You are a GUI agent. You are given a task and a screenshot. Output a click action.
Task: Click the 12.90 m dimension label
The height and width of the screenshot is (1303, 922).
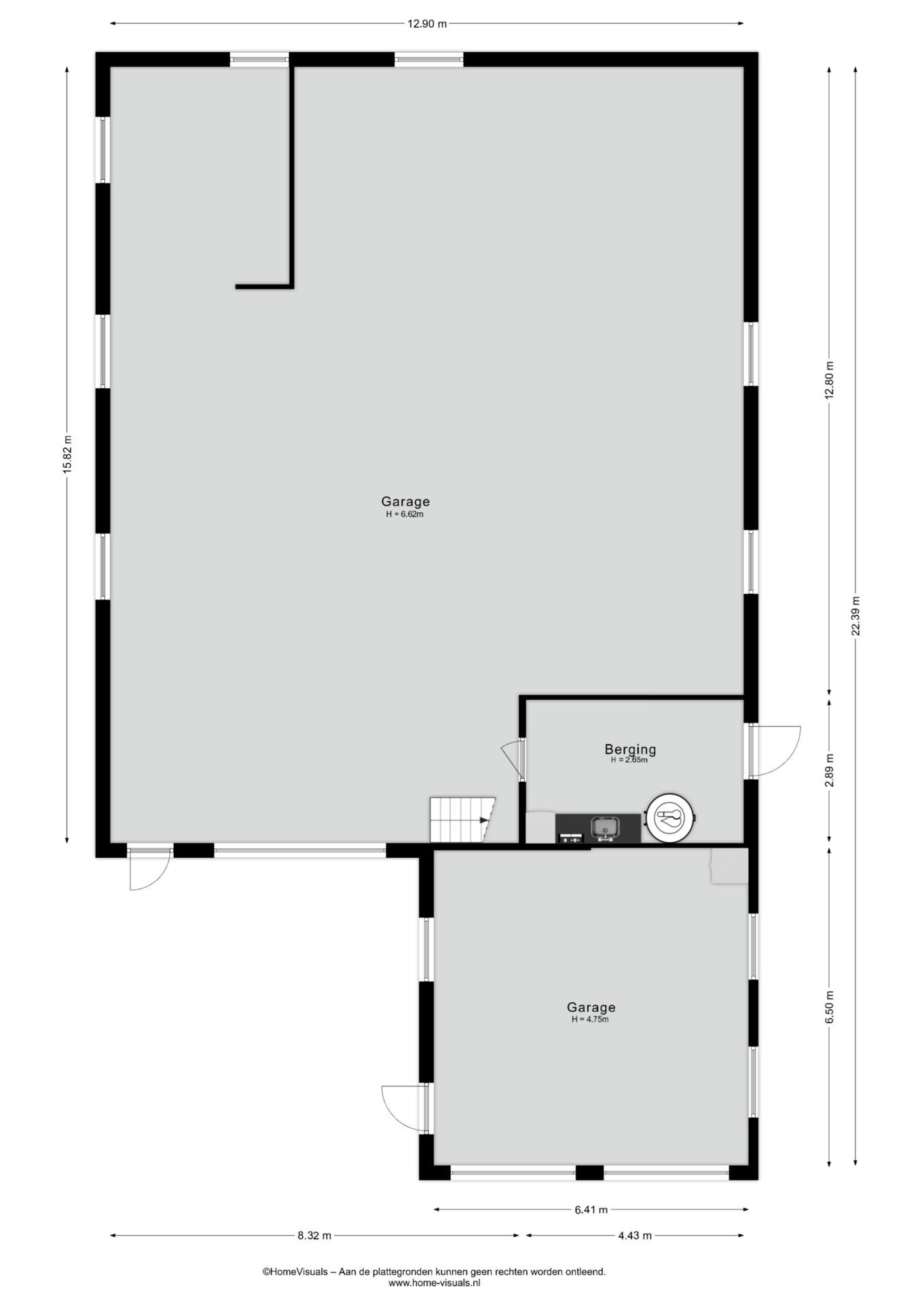pyautogui.click(x=427, y=24)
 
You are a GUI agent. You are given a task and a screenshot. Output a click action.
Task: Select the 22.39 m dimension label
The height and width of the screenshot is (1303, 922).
pyautogui.click(x=855, y=616)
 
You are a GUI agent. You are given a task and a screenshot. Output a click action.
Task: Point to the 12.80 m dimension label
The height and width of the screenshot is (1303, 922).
pyautogui.click(x=829, y=380)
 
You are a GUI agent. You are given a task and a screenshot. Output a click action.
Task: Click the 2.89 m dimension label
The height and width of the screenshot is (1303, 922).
pyautogui.click(x=829, y=770)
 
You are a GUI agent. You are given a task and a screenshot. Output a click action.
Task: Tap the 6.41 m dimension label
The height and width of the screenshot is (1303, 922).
pyautogui.click(x=591, y=1209)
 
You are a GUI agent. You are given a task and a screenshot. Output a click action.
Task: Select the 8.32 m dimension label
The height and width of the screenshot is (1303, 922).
pyautogui.click(x=314, y=1236)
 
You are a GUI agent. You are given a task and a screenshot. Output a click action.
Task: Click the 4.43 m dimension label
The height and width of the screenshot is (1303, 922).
pyautogui.click(x=635, y=1236)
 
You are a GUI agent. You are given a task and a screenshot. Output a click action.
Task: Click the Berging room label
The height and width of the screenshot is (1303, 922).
pyautogui.click(x=630, y=750)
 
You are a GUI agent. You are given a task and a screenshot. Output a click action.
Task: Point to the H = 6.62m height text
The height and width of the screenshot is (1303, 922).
pyautogui.click(x=405, y=514)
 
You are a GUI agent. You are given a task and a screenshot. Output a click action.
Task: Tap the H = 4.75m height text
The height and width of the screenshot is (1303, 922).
pyautogui.click(x=590, y=1019)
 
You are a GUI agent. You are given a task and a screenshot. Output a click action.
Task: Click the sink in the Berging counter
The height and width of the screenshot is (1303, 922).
pyautogui.click(x=604, y=828)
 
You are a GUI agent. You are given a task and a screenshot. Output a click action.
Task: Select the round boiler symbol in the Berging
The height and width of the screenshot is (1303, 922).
pyautogui.click(x=671, y=818)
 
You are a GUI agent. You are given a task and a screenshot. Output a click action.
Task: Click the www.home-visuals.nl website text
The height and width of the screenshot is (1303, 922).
pyautogui.click(x=434, y=1283)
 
